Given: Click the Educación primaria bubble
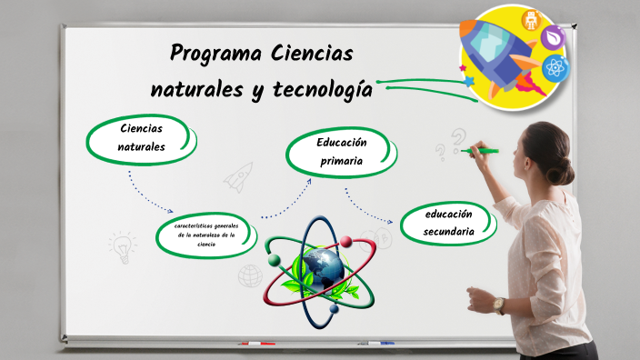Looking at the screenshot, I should pos(340,152).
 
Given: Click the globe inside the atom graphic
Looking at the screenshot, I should pos(320,265).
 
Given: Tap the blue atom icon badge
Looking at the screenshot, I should pos(555,68).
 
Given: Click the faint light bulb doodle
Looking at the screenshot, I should pos(121,245).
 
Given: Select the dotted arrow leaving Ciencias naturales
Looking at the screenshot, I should pos(149,194).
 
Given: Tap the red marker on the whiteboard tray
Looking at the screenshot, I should pos(256,344).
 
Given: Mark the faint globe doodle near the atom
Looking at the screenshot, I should pos(250,275).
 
